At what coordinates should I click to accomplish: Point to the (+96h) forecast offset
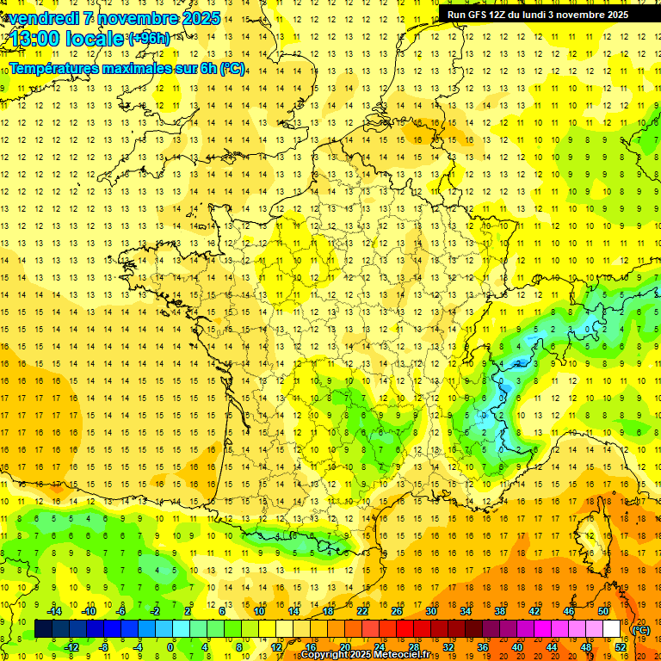(x=149, y=38)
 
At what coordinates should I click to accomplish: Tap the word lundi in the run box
(x=544, y=15)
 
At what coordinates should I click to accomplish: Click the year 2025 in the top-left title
(x=199, y=18)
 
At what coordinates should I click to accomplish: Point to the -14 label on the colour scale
(x=54, y=611)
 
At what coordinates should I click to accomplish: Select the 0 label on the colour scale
(x=170, y=647)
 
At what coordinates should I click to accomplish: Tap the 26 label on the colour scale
(x=396, y=611)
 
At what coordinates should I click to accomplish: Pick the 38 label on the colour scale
(x=499, y=611)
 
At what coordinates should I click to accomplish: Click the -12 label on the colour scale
(x=72, y=647)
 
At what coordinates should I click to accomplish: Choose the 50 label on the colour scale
(x=603, y=611)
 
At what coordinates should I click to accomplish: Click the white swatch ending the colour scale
(x=611, y=629)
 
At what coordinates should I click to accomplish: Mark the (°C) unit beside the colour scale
(x=641, y=629)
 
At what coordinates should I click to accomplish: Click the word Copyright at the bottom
(x=326, y=655)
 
